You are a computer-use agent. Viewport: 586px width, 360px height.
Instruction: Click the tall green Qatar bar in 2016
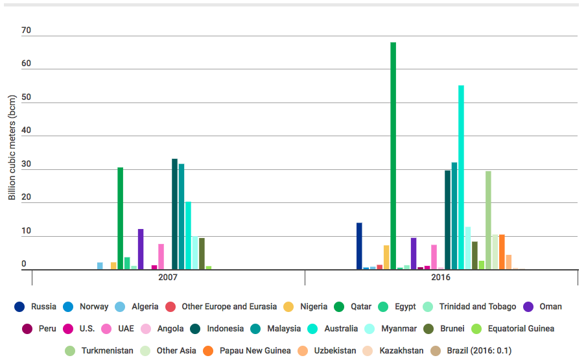pyautogui.click(x=393, y=156)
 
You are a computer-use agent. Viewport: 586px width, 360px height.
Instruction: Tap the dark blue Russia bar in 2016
pyautogui.click(x=359, y=246)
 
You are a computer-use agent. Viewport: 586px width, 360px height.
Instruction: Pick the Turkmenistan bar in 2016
pyautogui.click(x=488, y=220)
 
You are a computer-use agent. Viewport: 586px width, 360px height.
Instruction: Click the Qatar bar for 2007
pyautogui.click(x=120, y=218)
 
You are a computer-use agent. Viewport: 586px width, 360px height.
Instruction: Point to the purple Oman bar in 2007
pyautogui.click(x=141, y=249)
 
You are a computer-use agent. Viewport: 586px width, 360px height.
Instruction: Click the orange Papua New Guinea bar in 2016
pyautogui.click(x=502, y=252)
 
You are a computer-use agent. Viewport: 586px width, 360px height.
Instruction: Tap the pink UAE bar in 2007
pyautogui.click(x=161, y=256)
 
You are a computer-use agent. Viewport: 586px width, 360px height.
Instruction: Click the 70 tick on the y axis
pyautogui.click(x=26, y=30)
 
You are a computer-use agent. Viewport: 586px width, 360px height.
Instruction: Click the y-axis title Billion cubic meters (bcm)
pyautogui.click(x=12, y=148)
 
